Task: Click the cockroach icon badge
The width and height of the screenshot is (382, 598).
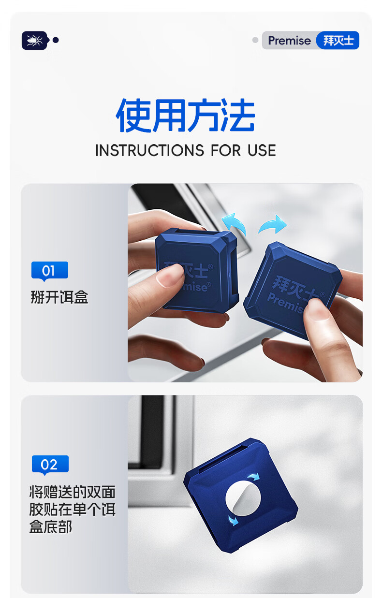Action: tap(35, 40)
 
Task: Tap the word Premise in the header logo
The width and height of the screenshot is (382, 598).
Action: tap(289, 41)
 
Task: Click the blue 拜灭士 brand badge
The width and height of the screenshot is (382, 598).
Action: tap(338, 40)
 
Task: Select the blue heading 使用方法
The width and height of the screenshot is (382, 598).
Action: tap(186, 115)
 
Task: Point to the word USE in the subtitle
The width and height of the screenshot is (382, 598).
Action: tap(262, 150)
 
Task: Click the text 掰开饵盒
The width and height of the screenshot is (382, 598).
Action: tap(59, 297)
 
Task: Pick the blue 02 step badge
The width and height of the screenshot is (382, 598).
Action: tap(50, 465)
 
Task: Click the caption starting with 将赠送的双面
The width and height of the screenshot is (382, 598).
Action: tap(72, 510)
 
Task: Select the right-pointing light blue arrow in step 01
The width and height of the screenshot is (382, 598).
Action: tap(272, 224)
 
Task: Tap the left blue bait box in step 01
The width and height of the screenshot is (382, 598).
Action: tap(197, 270)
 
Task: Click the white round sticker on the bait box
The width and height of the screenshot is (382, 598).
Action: tap(243, 497)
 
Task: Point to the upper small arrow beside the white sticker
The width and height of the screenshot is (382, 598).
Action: tap(253, 477)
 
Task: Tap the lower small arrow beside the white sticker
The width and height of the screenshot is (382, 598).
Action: tap(233, 520)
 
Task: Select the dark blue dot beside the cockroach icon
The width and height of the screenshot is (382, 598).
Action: tap(56, 40)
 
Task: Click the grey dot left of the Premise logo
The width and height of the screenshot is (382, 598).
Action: tap(255, 40)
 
